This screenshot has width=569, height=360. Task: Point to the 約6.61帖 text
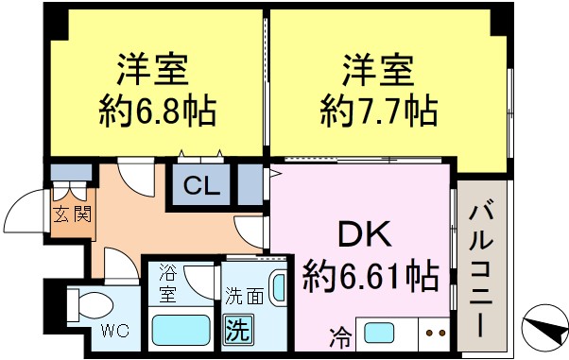point(371,276)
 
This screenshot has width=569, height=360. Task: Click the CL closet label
point(202,186)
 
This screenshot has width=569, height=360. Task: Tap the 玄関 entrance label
point(71,214)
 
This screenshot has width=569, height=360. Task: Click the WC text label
point(114,331)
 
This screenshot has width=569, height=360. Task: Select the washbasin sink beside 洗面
point(279,287)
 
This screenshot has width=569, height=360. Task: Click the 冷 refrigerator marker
point(338,334)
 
